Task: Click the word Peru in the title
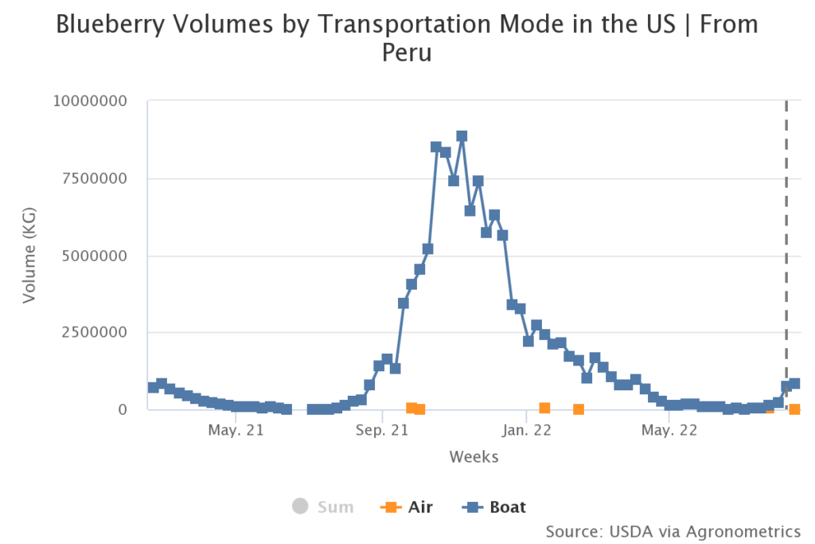click(x=407, y=53)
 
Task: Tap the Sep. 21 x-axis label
click(x=382, y=431)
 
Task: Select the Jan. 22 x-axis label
click(x=526, y=431)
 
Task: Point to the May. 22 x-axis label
click(x=669, y=431)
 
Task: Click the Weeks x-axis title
click(x=474, y=456)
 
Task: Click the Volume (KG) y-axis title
click(x=29, y=256)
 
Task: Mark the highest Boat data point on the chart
click(x=462, y=136)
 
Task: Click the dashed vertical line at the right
click(x=786, y=239)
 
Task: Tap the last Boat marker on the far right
click(x=794, y=384)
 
